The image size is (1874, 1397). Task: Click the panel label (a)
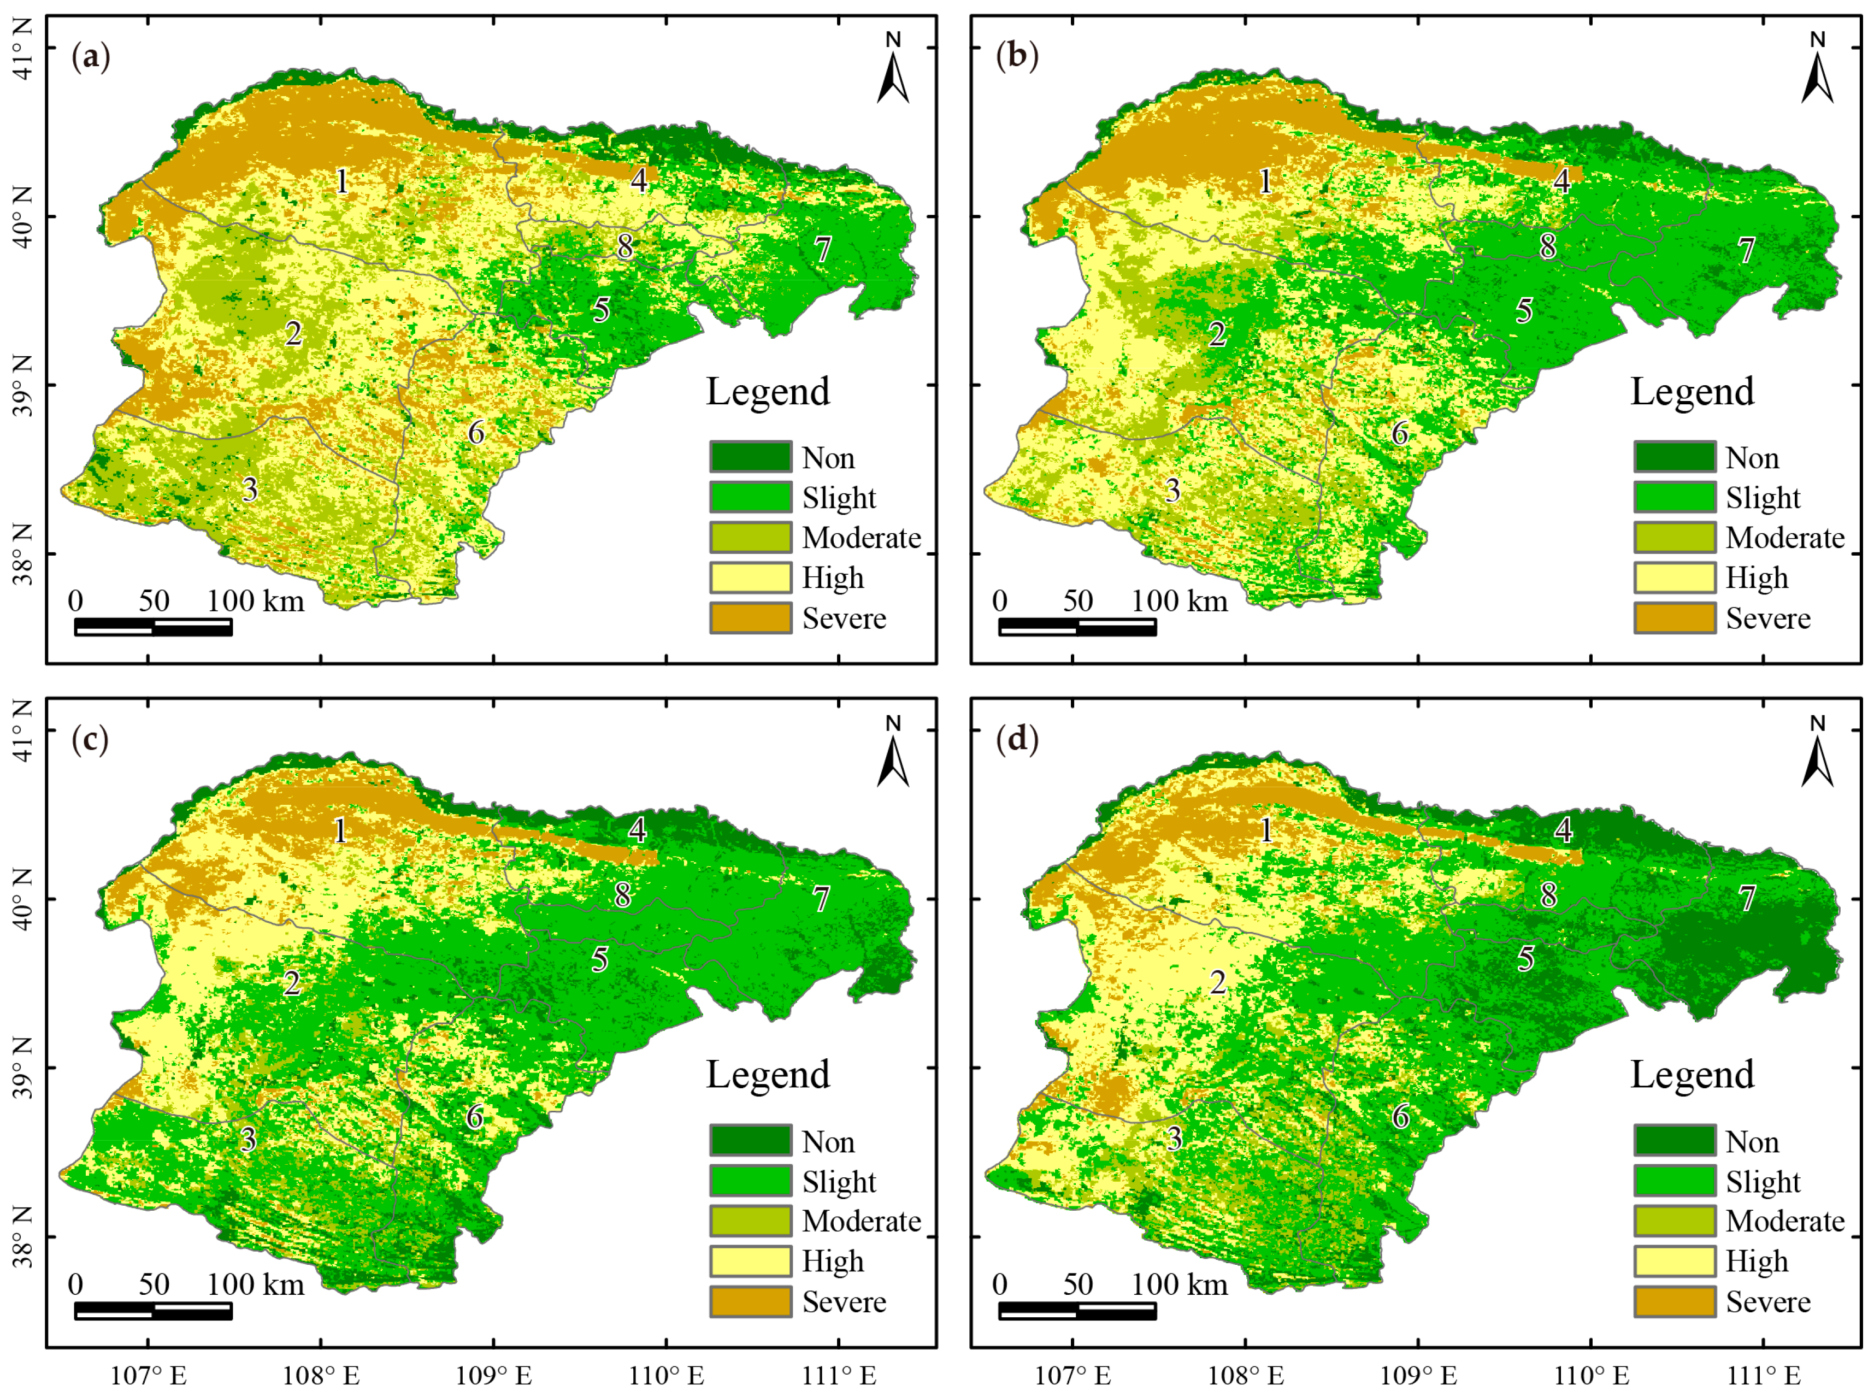pos(91,57)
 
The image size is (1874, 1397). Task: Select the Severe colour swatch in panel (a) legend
pos(750,618)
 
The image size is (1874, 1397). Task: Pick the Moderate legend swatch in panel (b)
pos(1673,538)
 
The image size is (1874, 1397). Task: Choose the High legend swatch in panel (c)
pos(750,1261)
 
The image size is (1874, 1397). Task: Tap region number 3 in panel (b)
pos(1172,491)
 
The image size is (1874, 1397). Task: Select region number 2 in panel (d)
pos(1218,982)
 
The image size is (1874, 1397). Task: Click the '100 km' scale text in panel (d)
pos(1179,1284)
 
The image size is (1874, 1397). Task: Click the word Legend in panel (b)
pos(1692,392)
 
